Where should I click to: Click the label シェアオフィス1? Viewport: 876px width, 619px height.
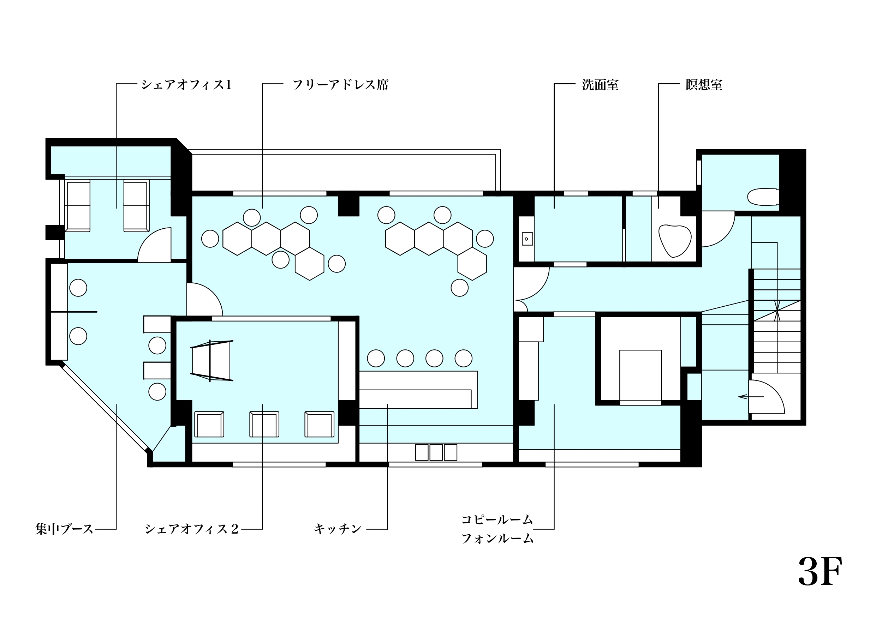tap(186, 85)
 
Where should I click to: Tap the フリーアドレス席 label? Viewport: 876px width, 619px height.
tap(341, 85)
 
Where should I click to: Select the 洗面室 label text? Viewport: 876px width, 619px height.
tap(600, 85)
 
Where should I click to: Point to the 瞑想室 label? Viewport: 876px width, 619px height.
tap(704, 85)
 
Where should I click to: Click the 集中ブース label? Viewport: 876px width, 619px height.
tap(65, 529)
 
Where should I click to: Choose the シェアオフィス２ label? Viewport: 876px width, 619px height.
tap(191, 529)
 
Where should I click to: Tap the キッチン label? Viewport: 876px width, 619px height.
tap(338, 529)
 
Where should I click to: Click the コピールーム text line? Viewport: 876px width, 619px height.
tap(497, 519)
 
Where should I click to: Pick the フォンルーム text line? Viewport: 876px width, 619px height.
tap(497, 539)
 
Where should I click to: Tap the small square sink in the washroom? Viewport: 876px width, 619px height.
tap(527, 239)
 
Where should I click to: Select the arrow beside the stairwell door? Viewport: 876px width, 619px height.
tap(751, 397)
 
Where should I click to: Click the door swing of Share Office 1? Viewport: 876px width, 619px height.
tap(154, 245)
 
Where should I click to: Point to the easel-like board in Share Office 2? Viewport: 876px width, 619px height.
tap(212, 360)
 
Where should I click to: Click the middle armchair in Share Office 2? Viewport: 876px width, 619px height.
tap(264, 424)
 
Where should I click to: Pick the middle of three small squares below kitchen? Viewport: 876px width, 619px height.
tap(436, 452)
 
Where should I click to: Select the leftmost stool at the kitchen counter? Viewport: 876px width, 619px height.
tap(376, 359)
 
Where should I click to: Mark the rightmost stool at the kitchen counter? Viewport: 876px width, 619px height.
tap(464, 359)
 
